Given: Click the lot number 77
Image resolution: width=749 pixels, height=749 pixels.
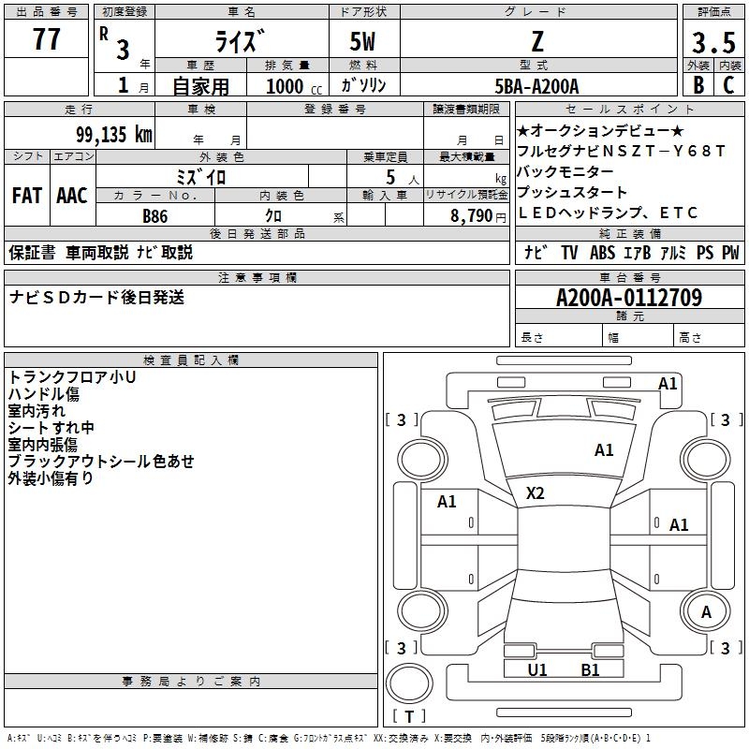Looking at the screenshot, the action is tap(46, 40).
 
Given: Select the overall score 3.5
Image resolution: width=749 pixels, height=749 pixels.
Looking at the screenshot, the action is tap(712, 42).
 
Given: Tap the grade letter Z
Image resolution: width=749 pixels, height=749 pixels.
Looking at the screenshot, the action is tap(536, 41).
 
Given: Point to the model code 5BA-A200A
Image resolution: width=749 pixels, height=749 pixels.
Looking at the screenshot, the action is tap(536, 86).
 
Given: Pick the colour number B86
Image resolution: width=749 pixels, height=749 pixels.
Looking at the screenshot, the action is tap(155, 216).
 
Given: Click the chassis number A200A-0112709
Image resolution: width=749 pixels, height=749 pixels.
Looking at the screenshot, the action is tap(628, 298).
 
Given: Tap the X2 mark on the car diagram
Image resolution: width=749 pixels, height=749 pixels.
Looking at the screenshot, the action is tap(536, 493).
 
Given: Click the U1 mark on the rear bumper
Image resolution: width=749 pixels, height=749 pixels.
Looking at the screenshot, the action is tap(537, 669).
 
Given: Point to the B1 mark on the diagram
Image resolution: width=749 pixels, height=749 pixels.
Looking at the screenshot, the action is tap(590, 669).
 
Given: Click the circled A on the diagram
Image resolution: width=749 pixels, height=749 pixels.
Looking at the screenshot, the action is tap(707, 612).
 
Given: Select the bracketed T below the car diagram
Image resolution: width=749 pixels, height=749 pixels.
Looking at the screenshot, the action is tap(409, 716).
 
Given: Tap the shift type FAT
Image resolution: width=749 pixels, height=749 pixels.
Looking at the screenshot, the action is tap(26, 196).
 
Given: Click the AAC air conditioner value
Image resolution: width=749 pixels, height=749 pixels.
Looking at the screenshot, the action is tap(72, 196).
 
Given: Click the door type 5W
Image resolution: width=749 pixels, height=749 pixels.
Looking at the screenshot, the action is tap(362, 42).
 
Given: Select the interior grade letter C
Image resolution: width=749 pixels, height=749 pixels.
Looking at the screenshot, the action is tap(727, 84).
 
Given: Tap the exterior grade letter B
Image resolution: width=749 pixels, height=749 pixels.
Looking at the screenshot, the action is tap(698, 84).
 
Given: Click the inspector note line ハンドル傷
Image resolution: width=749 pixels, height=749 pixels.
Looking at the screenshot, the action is tap(44, 394).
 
